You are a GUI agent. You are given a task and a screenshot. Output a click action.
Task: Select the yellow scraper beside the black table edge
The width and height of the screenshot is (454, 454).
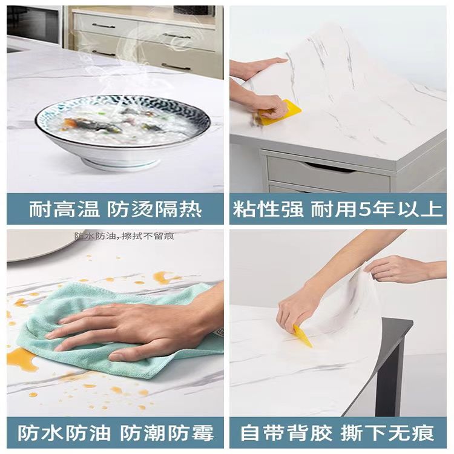pos(303,336)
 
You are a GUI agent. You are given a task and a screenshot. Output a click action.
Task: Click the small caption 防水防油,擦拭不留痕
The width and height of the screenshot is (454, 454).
pos(125,236)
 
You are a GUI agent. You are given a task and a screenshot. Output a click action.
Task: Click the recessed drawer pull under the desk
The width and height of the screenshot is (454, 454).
pos(329,168)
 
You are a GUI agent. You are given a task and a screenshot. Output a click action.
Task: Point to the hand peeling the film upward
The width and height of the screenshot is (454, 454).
pos(406,269)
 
